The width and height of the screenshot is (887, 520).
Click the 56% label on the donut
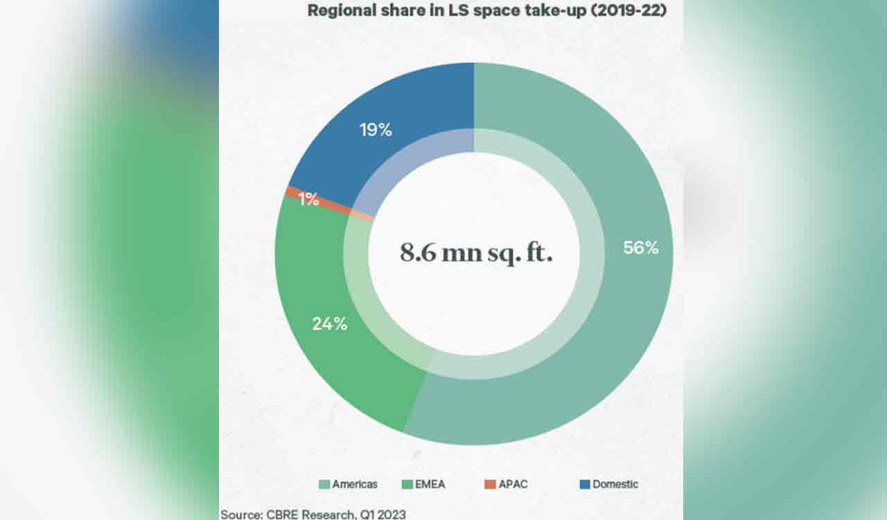click(640, 248)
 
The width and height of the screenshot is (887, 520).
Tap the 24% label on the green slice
click(329, 323)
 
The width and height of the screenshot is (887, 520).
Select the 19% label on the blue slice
click(376, 130)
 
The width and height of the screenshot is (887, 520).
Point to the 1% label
click(308, 200)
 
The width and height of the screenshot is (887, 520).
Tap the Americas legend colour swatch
click(324, 484)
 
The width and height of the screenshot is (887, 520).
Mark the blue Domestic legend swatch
click(585, 484)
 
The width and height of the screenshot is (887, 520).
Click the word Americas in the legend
click(355, 484)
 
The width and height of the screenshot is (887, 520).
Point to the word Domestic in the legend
click(615, 484)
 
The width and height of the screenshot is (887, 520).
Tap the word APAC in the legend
click(513, 484)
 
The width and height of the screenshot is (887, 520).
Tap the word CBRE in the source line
click(283, 514)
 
